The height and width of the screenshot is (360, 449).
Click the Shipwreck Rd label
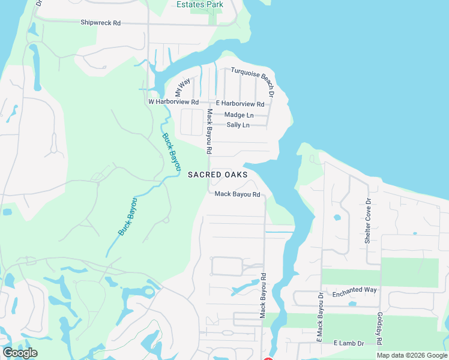(101, 23)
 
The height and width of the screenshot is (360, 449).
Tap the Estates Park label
(200, 4)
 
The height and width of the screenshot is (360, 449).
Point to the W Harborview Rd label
(173, 103)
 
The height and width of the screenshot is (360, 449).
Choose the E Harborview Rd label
(240, 104)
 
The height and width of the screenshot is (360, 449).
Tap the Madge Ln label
(239, 115)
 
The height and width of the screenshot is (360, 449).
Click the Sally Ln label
(238, 125)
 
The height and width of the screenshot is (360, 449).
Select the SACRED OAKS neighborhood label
(218, 175)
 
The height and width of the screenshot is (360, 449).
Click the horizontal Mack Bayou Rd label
(237, 194)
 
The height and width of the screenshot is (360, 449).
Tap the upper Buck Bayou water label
(172, 152)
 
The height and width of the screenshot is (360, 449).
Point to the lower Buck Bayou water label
(128, 216)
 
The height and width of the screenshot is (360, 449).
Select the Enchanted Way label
(355, 290)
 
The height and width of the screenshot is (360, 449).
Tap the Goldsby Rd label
(379, 328)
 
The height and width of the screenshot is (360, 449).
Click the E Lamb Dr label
(349, 343)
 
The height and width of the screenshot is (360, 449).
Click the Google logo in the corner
(20, 352)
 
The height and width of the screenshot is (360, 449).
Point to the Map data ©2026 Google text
(411, 355)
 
